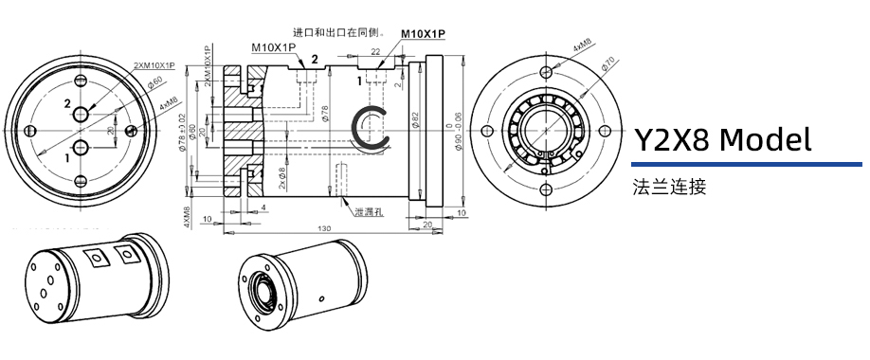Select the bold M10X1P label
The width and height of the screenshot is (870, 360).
[423, 34]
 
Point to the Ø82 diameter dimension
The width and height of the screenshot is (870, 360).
[415, 120]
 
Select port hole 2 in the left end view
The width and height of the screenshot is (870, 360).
[81, 115]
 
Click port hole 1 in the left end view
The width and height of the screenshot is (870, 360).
[81, 147]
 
